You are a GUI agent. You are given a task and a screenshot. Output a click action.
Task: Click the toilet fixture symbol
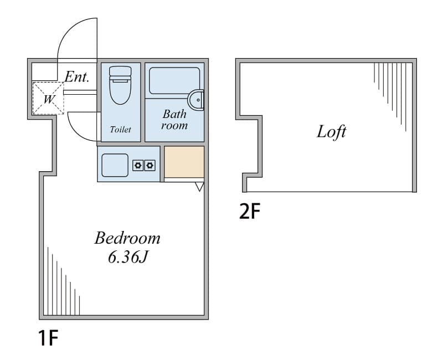tap(120, 85)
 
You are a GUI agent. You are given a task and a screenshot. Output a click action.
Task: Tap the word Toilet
tap(120, 130)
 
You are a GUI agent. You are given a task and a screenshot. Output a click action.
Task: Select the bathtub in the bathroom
tap(174, 81)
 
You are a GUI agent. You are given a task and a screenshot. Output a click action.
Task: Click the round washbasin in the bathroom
tap(196, 100)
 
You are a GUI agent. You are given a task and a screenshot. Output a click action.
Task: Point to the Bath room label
tap(174, 120)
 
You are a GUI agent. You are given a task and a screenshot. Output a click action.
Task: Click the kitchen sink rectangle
tap(115, 165)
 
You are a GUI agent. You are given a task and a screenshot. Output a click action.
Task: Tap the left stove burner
tap(138, 165)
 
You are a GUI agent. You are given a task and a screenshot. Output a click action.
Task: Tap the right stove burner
tap(150, 165)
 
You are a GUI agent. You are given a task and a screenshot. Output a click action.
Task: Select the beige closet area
tap(184, 162)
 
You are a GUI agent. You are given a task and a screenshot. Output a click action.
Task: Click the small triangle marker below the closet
tap(199, 187)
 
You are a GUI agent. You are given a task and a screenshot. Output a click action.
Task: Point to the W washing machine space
tap(48, 99)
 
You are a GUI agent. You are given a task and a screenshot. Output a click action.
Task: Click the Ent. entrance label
tap(77, 76)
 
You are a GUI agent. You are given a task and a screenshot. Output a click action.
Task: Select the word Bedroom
tap(127, 238)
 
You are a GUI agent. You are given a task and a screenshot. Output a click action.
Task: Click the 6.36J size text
tap(128, 257)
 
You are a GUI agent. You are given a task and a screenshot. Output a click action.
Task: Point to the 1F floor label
tap(48, 338)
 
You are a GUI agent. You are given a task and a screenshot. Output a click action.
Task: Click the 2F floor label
tap(250, 212)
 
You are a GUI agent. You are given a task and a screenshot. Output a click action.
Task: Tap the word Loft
tap(331, 132)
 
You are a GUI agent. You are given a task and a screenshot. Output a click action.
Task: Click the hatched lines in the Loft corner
tap(390, 93)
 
